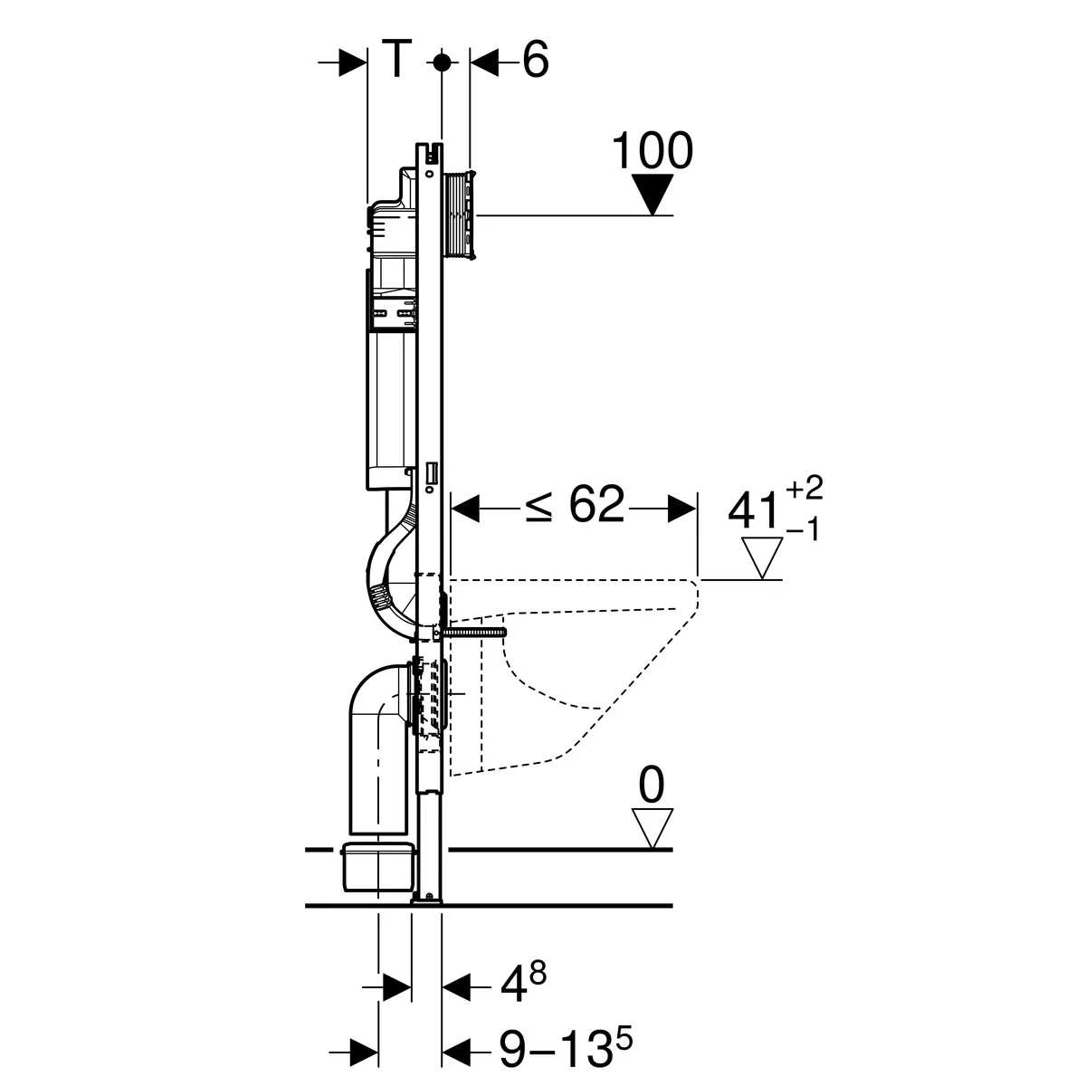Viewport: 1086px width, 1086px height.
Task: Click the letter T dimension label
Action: tap(396, 58)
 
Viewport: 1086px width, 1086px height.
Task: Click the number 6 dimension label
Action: tap(535, 60)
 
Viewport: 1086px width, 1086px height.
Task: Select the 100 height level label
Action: tap(652, 150)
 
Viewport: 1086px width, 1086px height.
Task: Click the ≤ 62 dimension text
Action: tap(575, 504)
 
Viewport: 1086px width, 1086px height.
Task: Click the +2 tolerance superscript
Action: tap(805, 487)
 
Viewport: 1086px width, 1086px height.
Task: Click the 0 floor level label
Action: tap(652, 785)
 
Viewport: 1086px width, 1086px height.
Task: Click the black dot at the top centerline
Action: tap(443, 62)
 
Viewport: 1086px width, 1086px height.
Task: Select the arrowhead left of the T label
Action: tap(353, 62)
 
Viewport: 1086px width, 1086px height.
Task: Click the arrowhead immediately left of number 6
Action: tap(485, 62)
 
